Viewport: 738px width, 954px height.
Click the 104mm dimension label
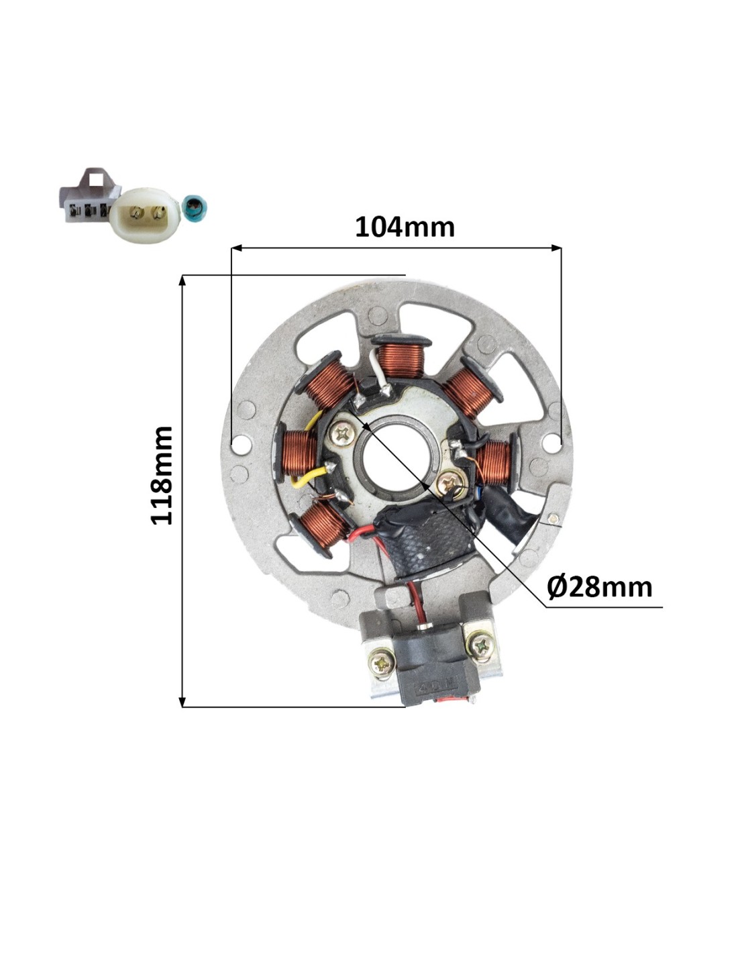[405, 227]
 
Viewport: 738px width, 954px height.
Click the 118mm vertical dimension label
[162, 475]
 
